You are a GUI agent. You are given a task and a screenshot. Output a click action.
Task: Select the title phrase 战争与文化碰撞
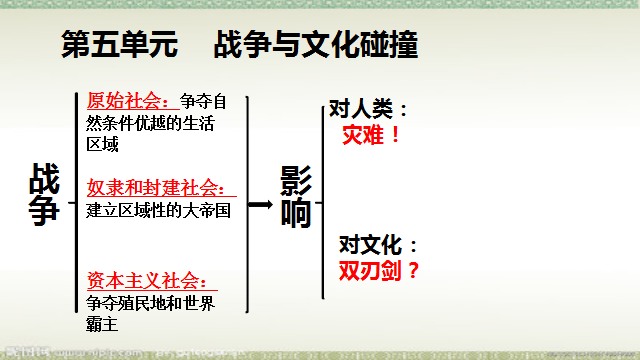[316, 45]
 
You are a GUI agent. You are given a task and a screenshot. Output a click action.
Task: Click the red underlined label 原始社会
[127, 100]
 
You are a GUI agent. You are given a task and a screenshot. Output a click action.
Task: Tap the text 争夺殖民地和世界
[151, 302]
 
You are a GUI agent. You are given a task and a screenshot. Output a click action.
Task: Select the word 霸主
[102, 324]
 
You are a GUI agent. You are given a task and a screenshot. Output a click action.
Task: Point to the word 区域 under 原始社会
[102, 145]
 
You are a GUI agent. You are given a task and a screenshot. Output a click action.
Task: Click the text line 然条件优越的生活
[151, 123]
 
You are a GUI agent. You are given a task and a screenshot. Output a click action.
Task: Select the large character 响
[296, 216]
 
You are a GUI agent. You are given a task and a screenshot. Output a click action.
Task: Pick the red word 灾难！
[372, 135]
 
